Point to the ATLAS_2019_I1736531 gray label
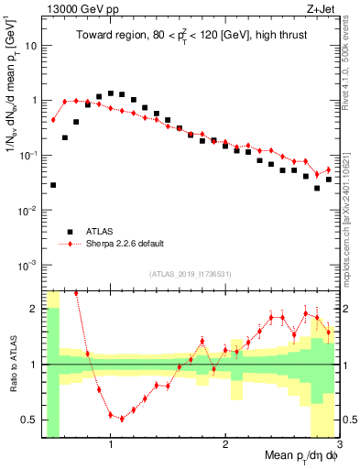tap(191, 274)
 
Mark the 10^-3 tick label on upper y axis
tap(27, 265)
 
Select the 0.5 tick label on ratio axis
tap(29, 420)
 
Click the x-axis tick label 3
tap(338, 445)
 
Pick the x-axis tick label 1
tap(111, 445)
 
